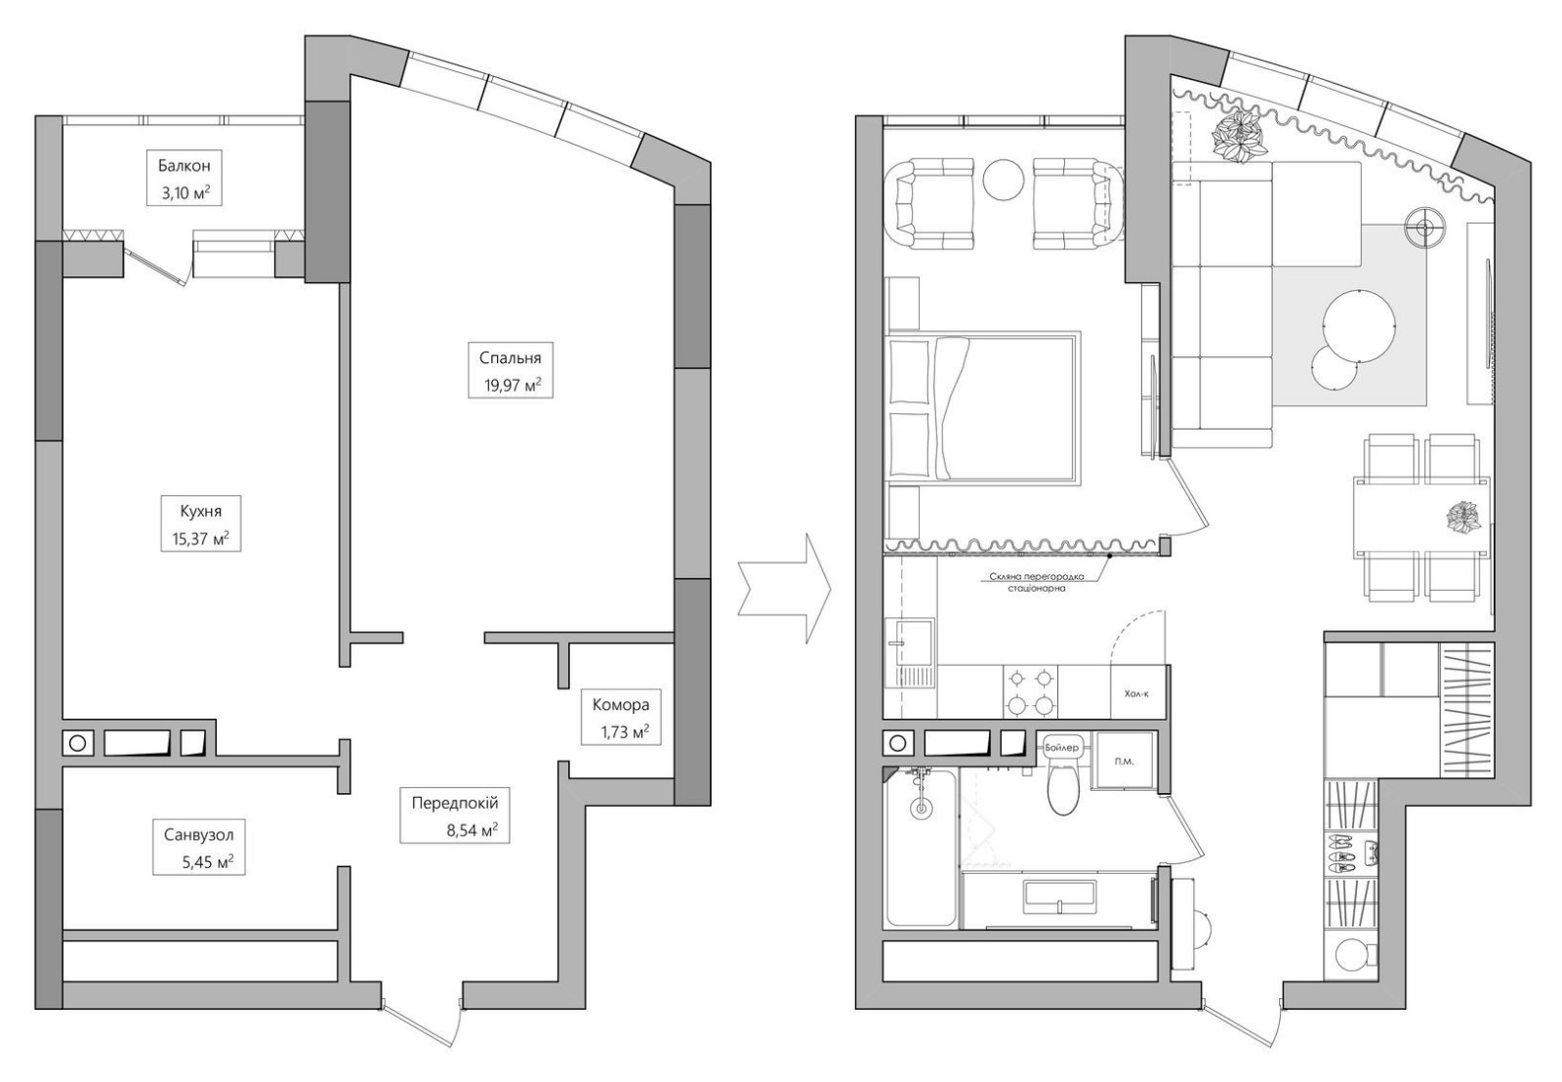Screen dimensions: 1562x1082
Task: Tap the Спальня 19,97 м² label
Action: tap(511, 370)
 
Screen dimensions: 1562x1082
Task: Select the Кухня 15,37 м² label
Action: tap(201, 523)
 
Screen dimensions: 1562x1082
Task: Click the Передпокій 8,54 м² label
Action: tap(455, 814)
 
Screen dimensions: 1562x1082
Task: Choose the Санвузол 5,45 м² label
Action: tap(199, 847)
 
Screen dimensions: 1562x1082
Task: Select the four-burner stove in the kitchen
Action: tap(1030, 692)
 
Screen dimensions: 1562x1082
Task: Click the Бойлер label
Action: tap(1062, 747)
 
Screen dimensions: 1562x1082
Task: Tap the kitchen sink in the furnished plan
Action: tap(910, 654)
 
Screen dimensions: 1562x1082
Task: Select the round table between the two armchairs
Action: tap(1002, 181)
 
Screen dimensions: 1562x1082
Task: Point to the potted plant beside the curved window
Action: tap(1240, 138)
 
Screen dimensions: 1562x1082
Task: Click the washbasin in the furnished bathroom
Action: tap(1060, 895)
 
